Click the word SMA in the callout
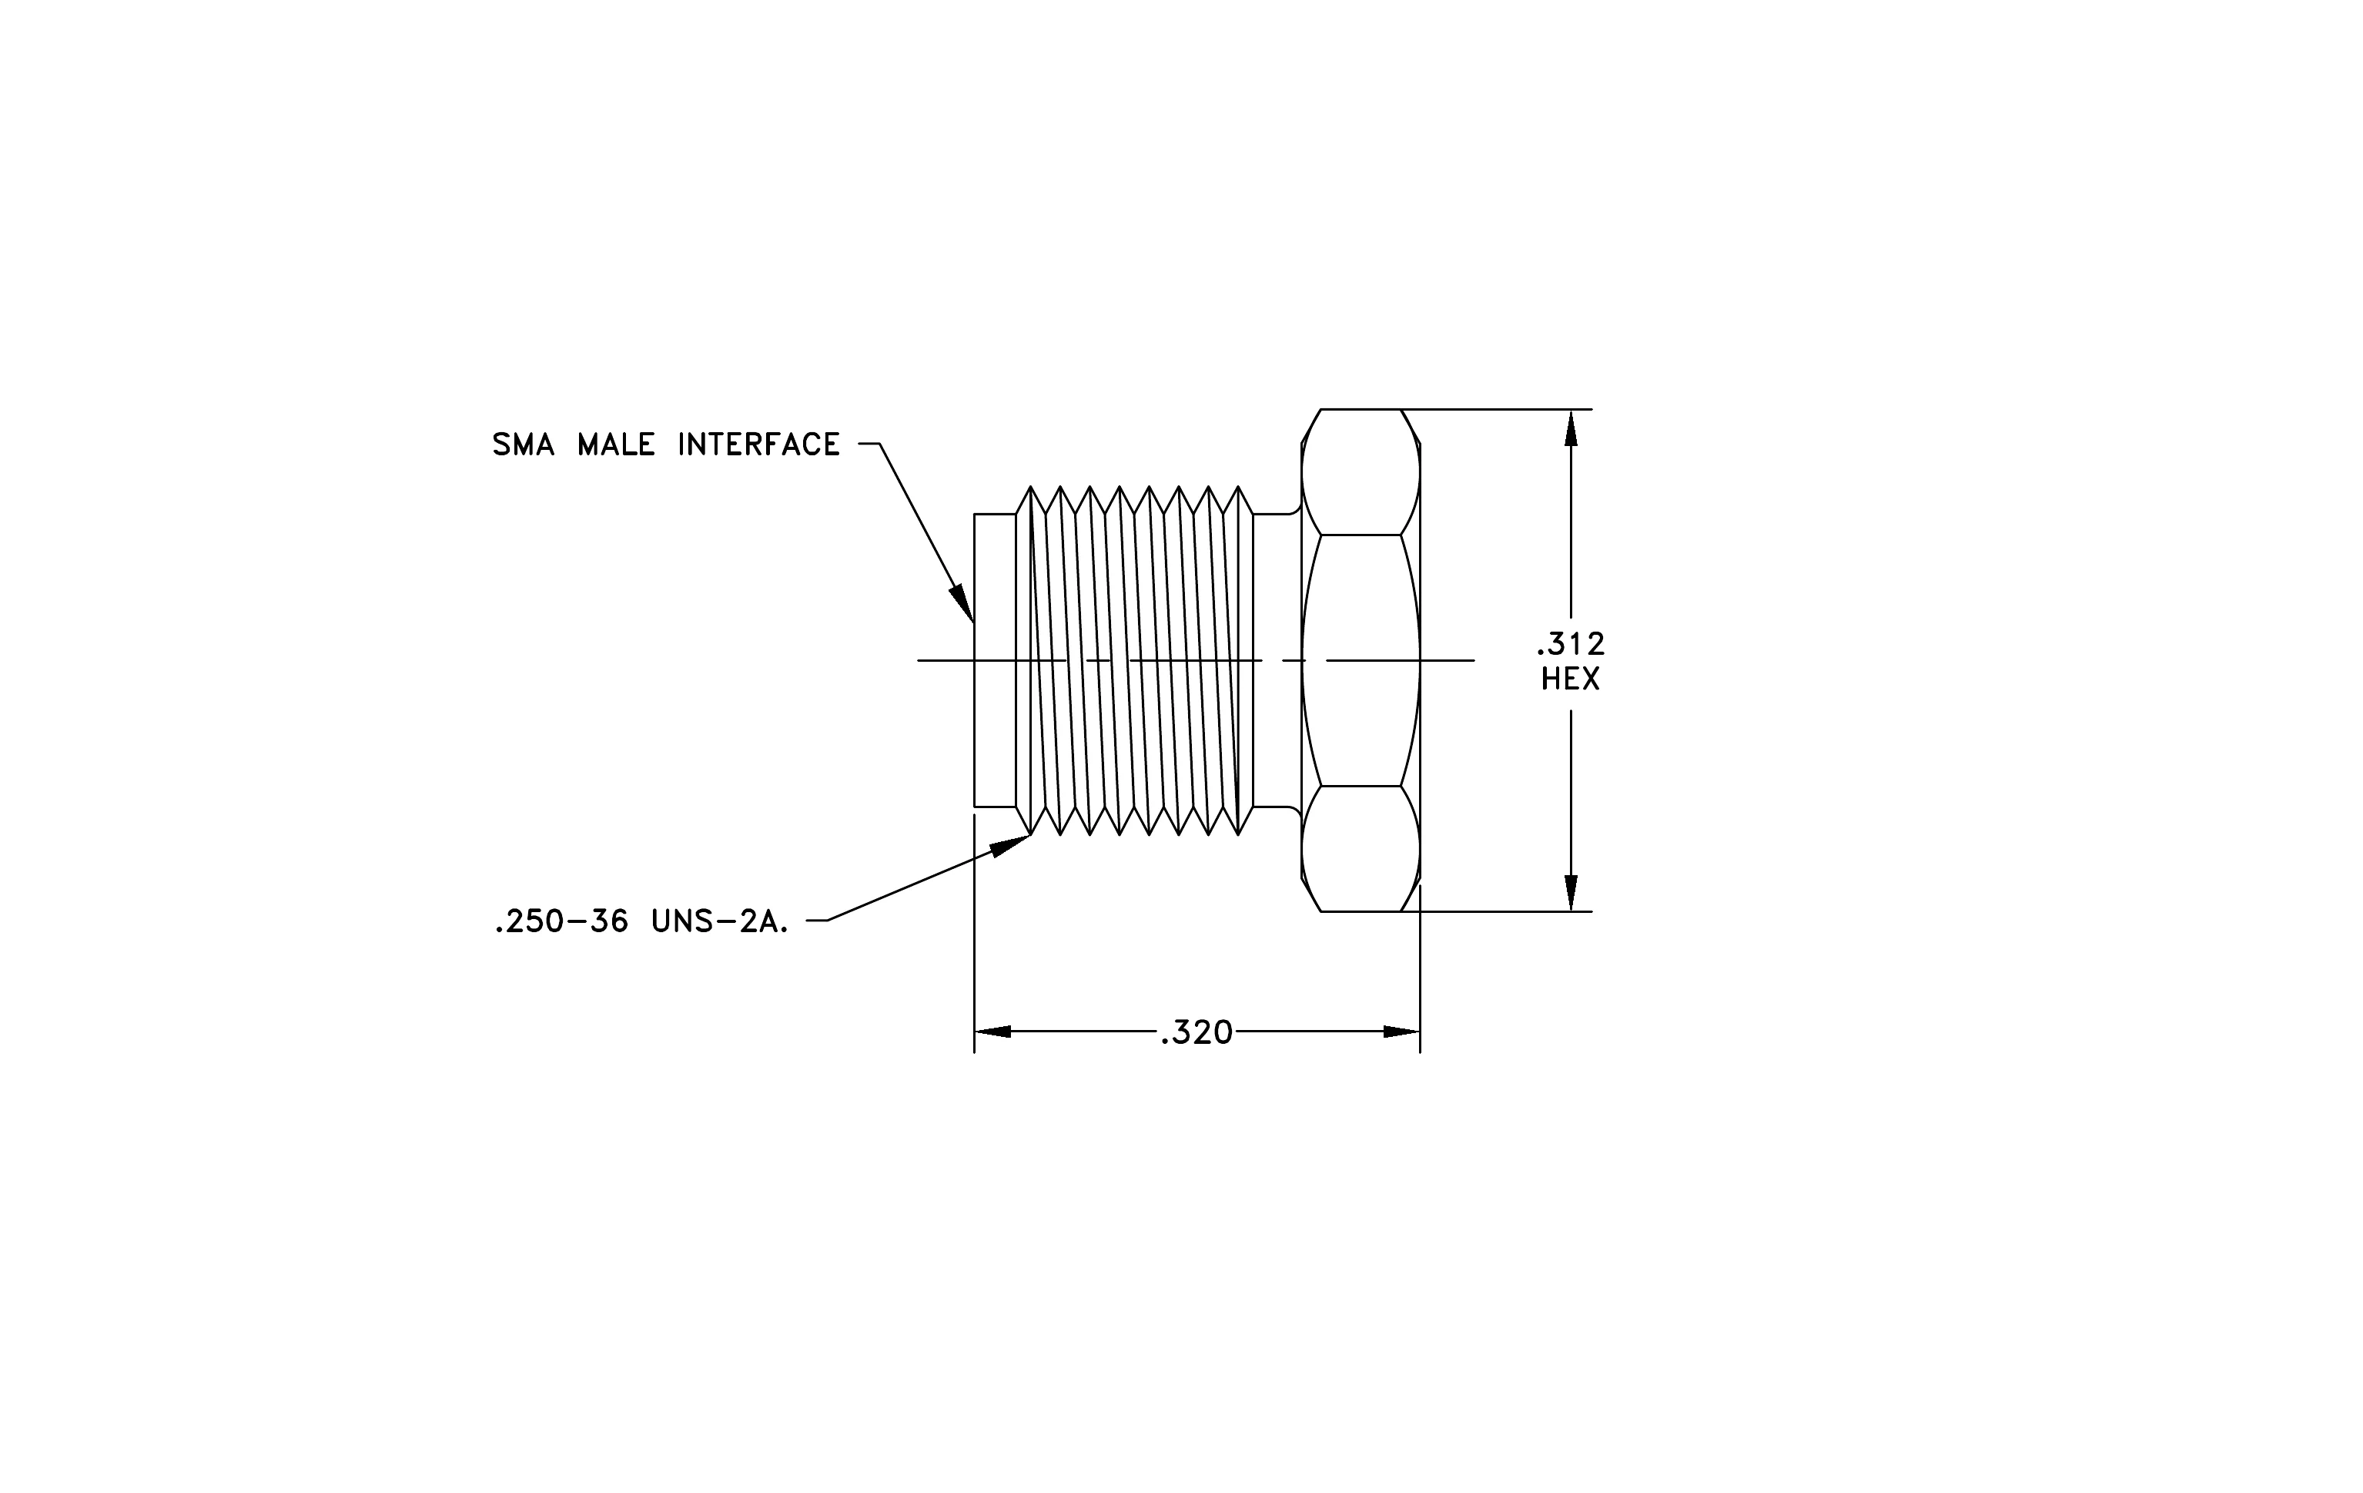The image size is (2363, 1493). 523,445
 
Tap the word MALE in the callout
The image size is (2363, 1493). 615,445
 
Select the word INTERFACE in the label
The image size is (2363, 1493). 758,445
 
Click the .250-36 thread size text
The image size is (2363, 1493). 562,921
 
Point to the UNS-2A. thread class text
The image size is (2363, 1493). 720,921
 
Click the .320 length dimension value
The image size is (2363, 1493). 1197,1032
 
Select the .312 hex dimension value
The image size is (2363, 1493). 1570,644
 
